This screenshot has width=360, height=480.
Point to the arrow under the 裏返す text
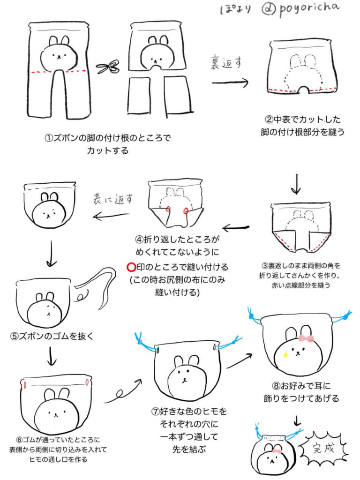click(230, 83)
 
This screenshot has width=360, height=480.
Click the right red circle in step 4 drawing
click(186, 211)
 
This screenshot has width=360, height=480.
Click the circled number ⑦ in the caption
click(155, 412)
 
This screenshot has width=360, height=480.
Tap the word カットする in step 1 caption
click(107, 151)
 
